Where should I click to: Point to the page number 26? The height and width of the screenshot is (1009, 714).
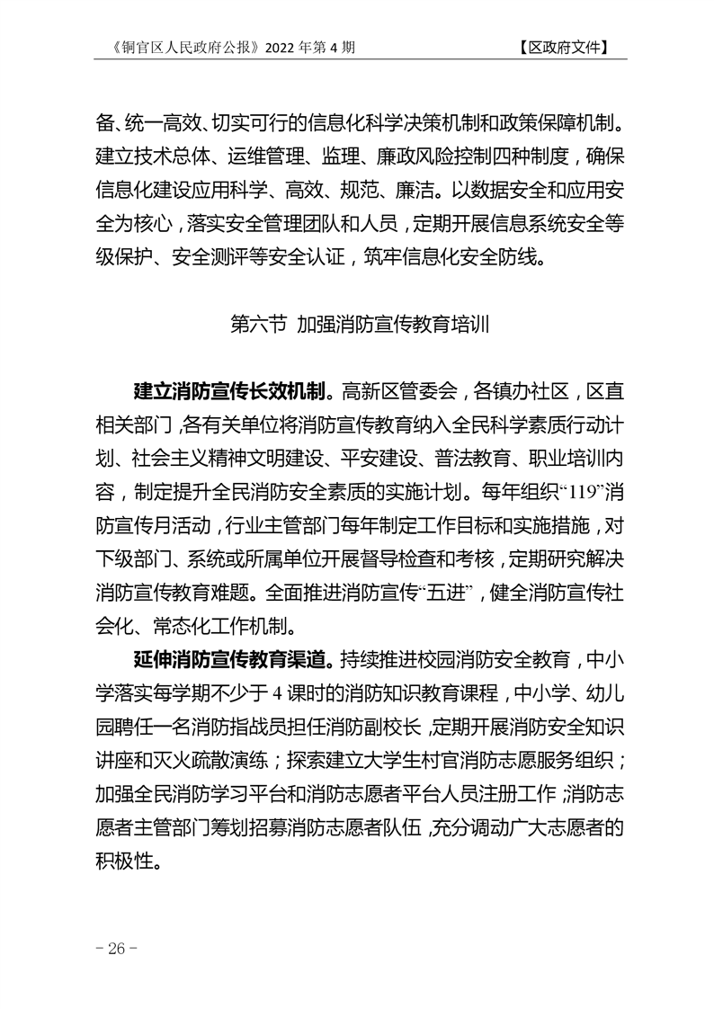pyautogui.click(x=115, y=950)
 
